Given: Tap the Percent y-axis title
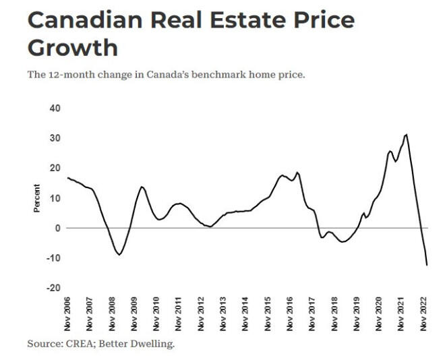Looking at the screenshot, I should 37,198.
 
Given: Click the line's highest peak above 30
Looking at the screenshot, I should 406,134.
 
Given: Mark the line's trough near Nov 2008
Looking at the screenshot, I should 119,254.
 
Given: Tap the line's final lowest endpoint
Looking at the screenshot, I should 427,265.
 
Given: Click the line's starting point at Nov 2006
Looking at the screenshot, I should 68,178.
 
